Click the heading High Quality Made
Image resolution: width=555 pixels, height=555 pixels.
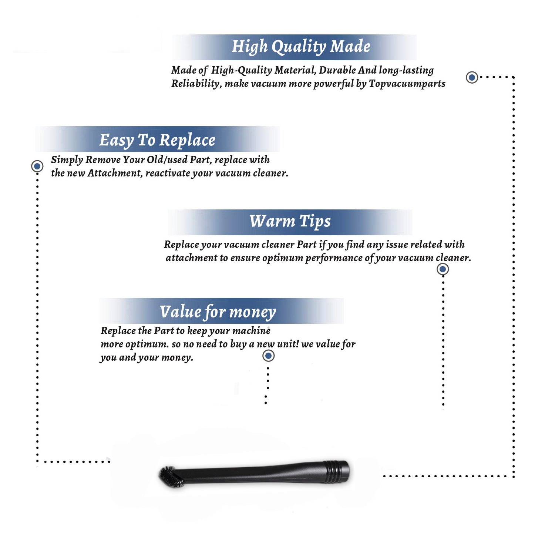point(301,47)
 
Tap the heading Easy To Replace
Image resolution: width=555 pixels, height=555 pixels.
point(157,140)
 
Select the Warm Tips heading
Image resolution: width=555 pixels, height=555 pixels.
point(290,222)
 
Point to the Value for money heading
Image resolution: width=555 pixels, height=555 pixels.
point(218,312)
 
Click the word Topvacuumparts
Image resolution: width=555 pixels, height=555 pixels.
point(407,84)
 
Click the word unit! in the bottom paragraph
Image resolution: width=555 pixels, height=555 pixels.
point(288,344)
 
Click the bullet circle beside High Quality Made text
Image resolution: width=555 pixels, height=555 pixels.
point(472,77)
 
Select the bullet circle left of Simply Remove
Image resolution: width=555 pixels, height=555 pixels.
point(37,166)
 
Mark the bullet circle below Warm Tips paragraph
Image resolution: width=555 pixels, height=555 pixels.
point(443,269)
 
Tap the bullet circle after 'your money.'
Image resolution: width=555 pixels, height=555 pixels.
point(268,356)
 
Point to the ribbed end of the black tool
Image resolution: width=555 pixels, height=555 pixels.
point(336,472)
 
